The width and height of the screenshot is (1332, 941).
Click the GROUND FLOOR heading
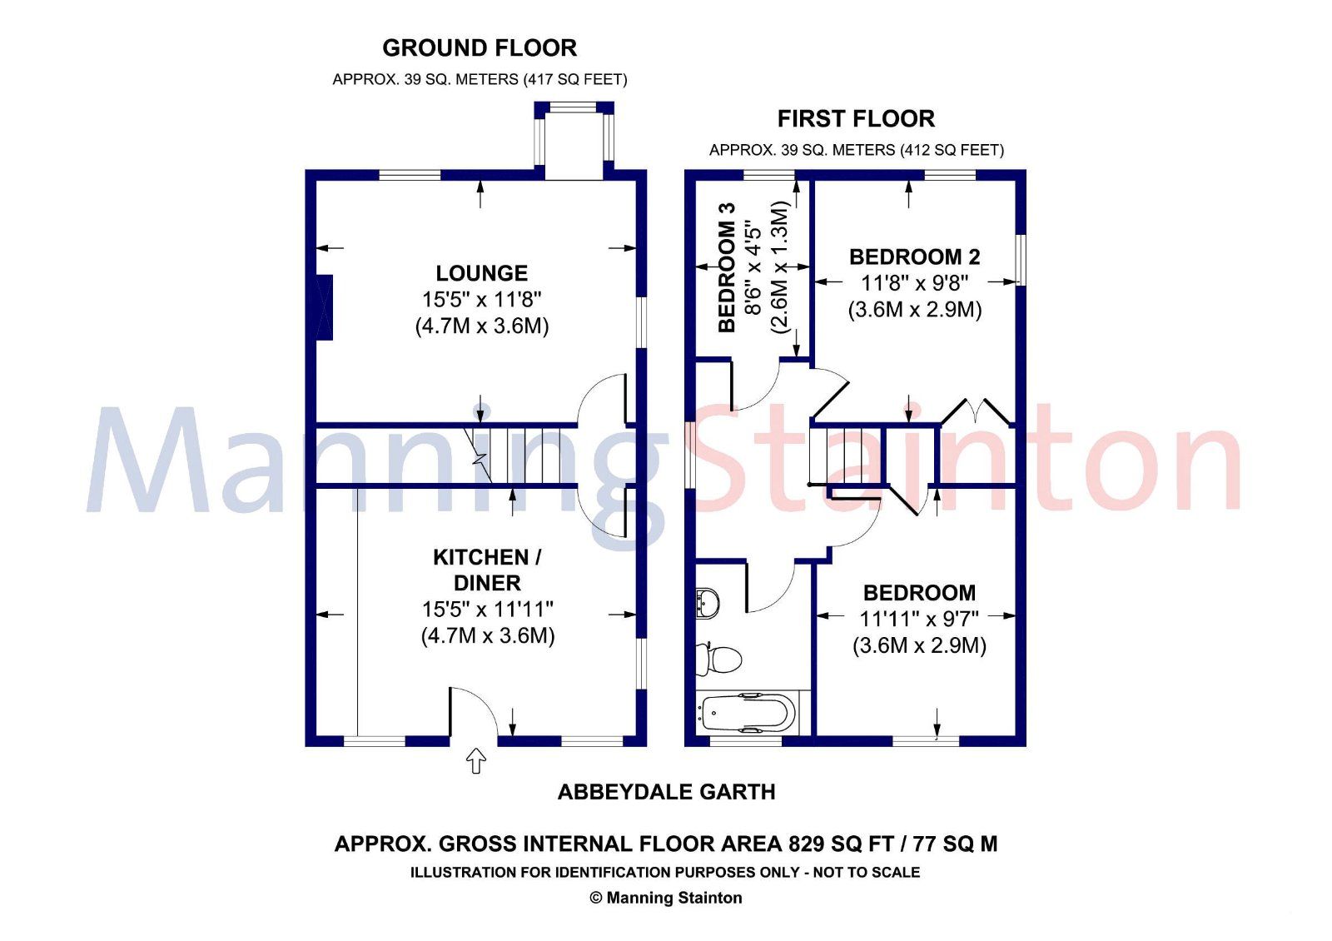point(480,48)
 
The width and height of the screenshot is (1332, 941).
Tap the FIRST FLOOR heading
point(856,119)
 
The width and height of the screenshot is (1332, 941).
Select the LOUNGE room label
point(481,273)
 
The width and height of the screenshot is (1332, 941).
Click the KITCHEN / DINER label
point(487,570)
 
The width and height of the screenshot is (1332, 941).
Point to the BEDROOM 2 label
point(914,256)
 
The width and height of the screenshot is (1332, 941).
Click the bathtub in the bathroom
point(746,713)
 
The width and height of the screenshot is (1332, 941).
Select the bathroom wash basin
point(707,602)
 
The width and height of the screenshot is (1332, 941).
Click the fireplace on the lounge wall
point(325,306)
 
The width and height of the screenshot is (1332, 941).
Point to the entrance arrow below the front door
point(475,760)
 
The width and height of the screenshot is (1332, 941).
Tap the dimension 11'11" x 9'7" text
point(918,619)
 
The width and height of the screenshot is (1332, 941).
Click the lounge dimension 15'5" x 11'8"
point(481,300)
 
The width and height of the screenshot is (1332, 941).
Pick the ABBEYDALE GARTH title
point(666,792)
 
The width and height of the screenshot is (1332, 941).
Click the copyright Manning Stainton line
point(666,898)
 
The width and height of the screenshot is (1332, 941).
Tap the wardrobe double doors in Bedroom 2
point(976,412)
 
